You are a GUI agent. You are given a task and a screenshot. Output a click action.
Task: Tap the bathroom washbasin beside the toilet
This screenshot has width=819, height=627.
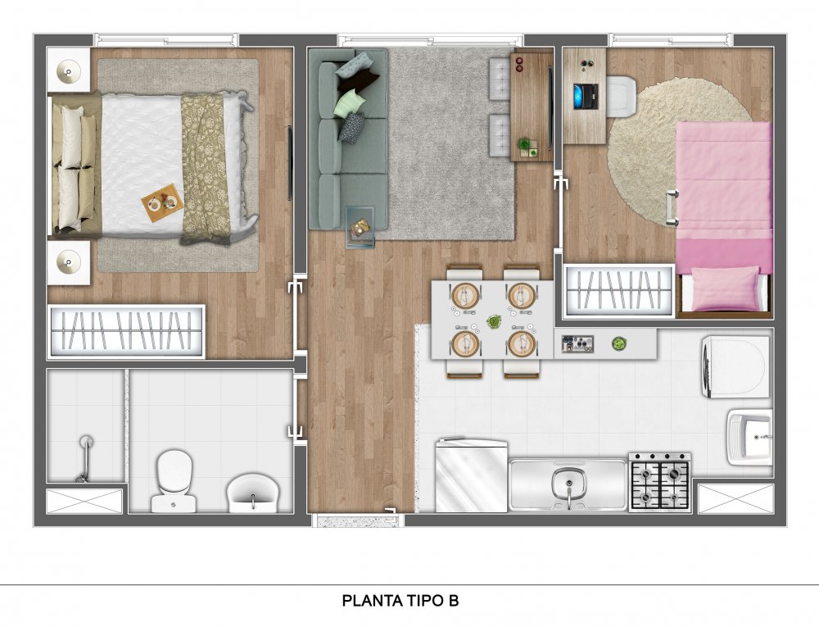point(253,493)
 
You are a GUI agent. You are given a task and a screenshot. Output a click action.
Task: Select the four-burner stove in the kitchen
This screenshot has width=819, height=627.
point(659,482)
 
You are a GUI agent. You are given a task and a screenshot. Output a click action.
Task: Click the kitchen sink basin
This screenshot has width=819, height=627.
point(568,484)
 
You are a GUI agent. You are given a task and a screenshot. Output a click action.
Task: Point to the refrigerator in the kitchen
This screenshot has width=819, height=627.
point(471,476)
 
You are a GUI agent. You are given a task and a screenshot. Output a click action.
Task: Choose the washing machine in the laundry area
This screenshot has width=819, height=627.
point(735,366)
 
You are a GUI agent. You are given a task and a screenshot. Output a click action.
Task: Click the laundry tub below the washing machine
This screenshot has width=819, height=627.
point(749,437)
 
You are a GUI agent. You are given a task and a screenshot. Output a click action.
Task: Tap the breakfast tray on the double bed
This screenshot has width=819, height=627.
point(162,202)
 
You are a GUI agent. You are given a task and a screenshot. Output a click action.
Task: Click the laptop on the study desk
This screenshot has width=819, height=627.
point(585,96)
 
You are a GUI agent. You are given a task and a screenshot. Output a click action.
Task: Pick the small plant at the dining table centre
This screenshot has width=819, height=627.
point(492,321)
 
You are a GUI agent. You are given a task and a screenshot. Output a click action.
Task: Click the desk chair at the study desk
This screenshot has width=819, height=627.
point(622,96)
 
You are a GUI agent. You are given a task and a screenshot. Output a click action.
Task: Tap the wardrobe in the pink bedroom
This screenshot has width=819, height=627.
point(619,290)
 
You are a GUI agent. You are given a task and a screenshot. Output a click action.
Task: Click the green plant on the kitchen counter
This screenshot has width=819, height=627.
point(619,343)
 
